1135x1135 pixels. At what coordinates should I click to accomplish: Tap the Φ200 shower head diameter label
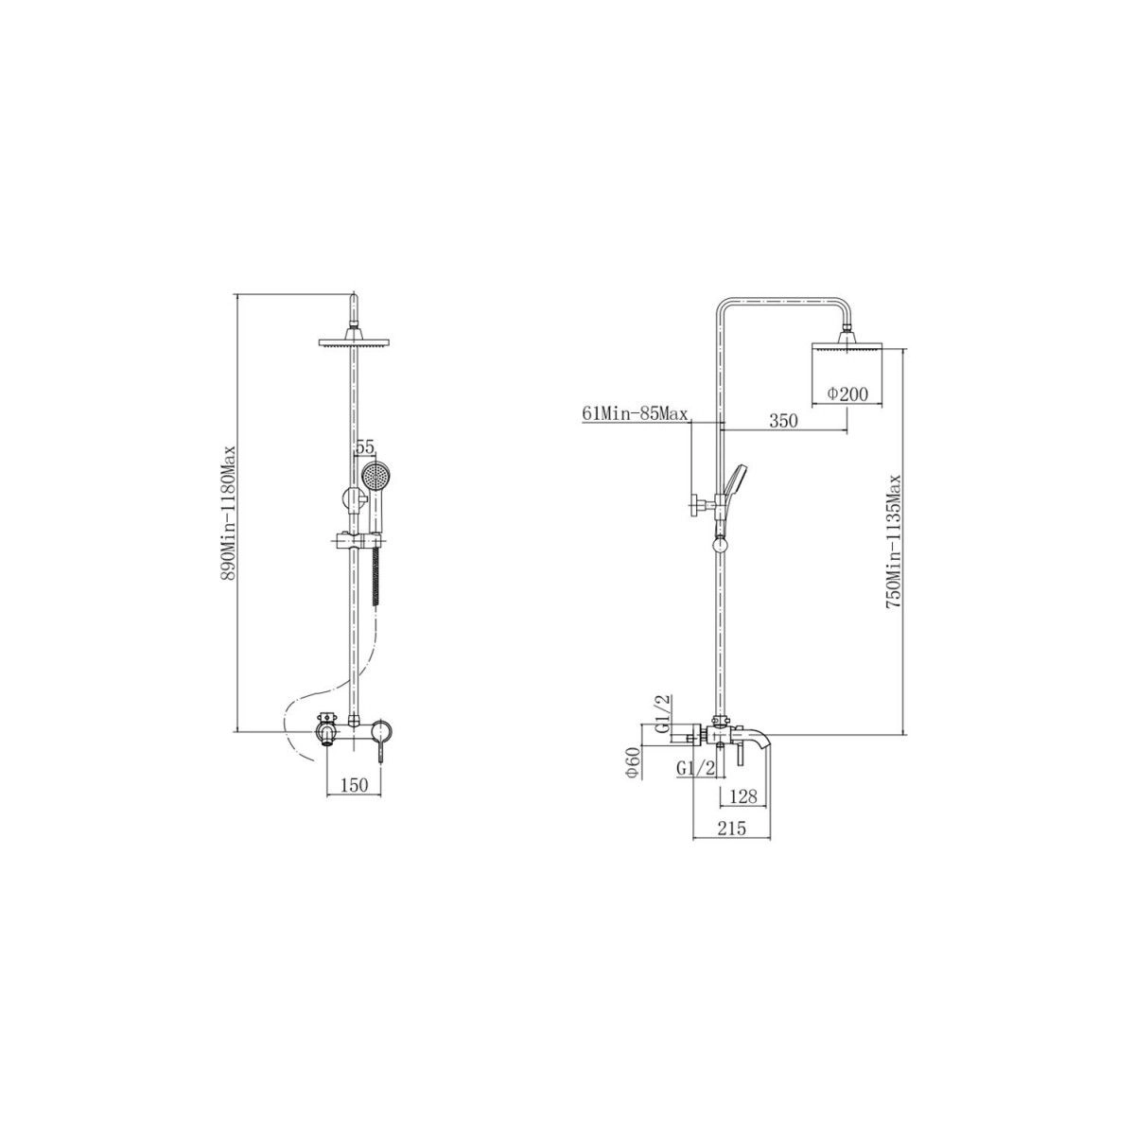click(x=847, y=394)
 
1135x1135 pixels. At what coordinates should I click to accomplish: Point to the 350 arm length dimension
click(x=784, y=421)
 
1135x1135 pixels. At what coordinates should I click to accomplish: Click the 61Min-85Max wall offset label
click(x=635, y=414)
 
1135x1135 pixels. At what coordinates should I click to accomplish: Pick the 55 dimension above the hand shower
click(x=365, y=447)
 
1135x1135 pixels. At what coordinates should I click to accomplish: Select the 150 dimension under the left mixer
click(x=354, y=784)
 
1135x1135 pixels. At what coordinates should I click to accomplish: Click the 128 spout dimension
click(x=742, y=796)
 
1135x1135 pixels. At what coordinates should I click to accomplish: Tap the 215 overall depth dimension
click(x=731, y=828)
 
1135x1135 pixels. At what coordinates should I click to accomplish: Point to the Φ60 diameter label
click(x=633, y=762)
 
